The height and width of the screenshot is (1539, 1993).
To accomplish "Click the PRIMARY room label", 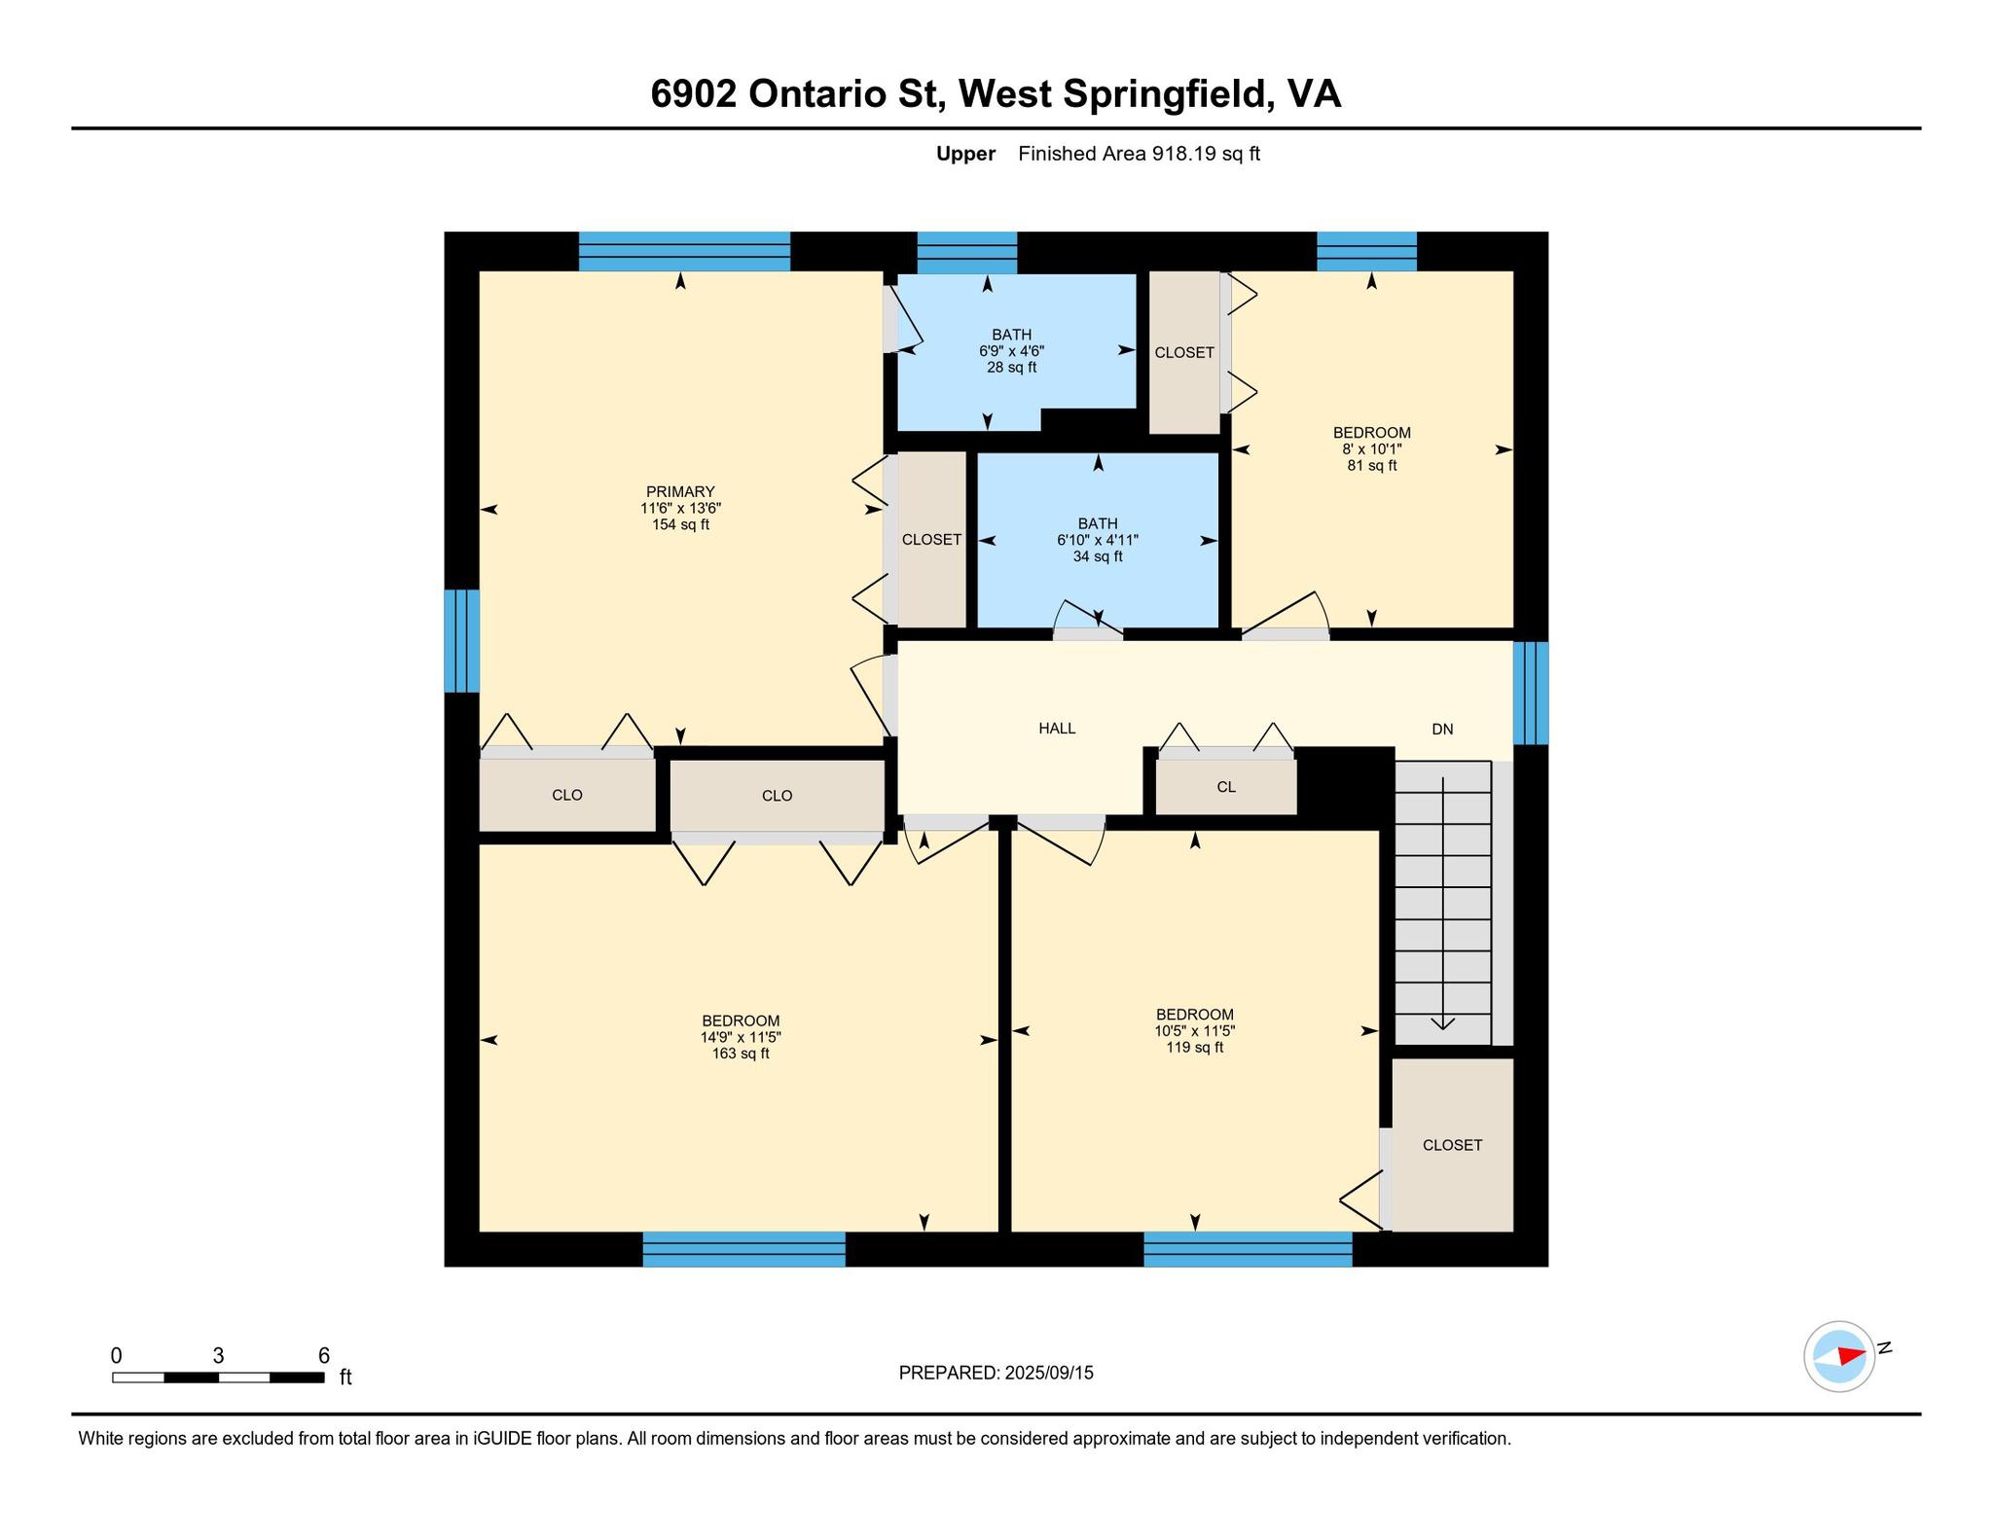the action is [680, 491].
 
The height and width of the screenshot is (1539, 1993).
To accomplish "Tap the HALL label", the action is [1057, 728].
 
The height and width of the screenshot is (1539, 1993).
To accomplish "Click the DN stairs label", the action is [1442, 729].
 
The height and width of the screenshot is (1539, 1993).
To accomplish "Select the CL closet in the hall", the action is [1226, 787].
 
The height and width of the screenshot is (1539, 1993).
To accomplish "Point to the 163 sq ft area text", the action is [741, 1054].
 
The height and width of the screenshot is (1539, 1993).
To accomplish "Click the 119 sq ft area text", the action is [1195, 1048].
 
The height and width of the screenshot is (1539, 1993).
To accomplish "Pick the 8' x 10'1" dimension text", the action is [1372, 449].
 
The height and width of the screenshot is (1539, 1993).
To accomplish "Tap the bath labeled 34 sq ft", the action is [1098, 540].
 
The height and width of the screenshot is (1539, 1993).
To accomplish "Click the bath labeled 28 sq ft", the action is [1012, 350].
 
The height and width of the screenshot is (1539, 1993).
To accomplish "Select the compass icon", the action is [1839, 1356].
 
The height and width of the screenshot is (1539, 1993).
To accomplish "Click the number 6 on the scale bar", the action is [324, 1355].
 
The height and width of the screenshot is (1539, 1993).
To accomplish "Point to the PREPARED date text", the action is [996, 1373].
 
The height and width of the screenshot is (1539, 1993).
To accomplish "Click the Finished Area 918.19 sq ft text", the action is [1139, 154].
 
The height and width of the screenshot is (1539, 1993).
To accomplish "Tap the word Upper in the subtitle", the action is [965, 154].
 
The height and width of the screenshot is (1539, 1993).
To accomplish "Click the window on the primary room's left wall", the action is [461, 641].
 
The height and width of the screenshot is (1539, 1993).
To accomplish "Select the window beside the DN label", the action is [1531, 693].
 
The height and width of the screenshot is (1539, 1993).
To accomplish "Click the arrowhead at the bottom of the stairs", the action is [1442, 1023].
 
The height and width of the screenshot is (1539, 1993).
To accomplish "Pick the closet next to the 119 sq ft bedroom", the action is [1452, 1145].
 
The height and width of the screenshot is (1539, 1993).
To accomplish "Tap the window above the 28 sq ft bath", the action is [967, 252].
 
